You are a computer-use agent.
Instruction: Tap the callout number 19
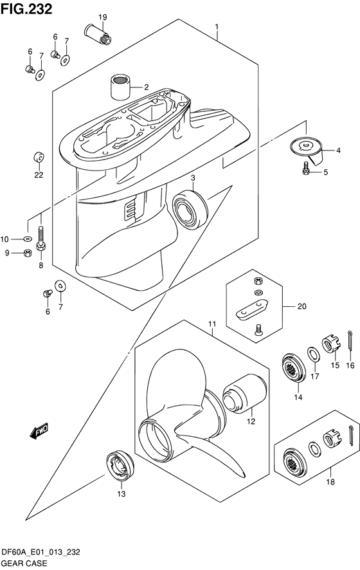102,16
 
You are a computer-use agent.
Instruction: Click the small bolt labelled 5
307,169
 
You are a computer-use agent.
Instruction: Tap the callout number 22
39,174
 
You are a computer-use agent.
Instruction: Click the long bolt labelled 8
41,239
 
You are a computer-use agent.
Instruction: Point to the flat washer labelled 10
27,239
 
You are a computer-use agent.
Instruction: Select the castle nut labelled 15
330,345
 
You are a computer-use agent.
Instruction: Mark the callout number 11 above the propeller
212,324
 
